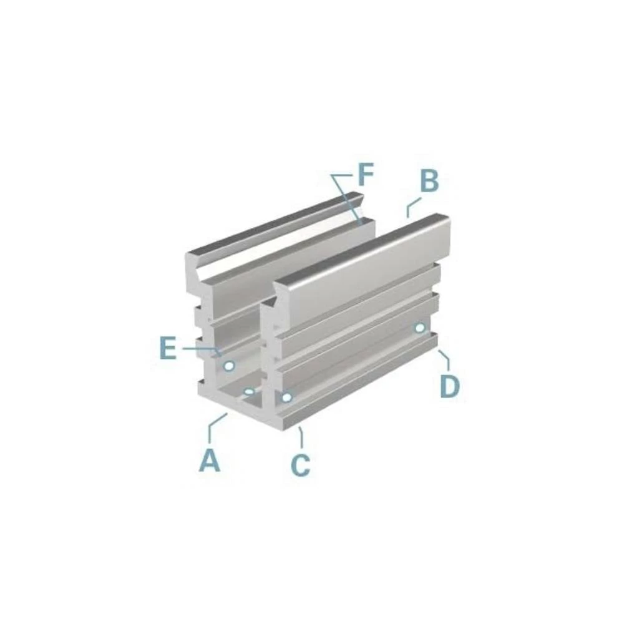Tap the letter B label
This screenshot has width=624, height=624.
[x=429, y=182]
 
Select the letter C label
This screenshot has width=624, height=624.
[x=300, y=465]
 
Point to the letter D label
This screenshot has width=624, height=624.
[x=449, y=387]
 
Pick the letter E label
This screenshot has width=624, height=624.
[x=167, y=349]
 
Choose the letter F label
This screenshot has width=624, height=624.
[x=365, y=175]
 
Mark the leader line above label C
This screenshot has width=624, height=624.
[x=301, y=437]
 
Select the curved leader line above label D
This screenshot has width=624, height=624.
[x=444, y=359]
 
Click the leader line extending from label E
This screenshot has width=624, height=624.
[x=200, y=349]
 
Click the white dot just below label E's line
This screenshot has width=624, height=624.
[x=229, y=365]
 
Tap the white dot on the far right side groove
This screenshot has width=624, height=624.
[x=421, y=328]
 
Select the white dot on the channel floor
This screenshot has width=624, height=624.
[x=249, y=392]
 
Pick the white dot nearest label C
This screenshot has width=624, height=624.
[x=286, y=397]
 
